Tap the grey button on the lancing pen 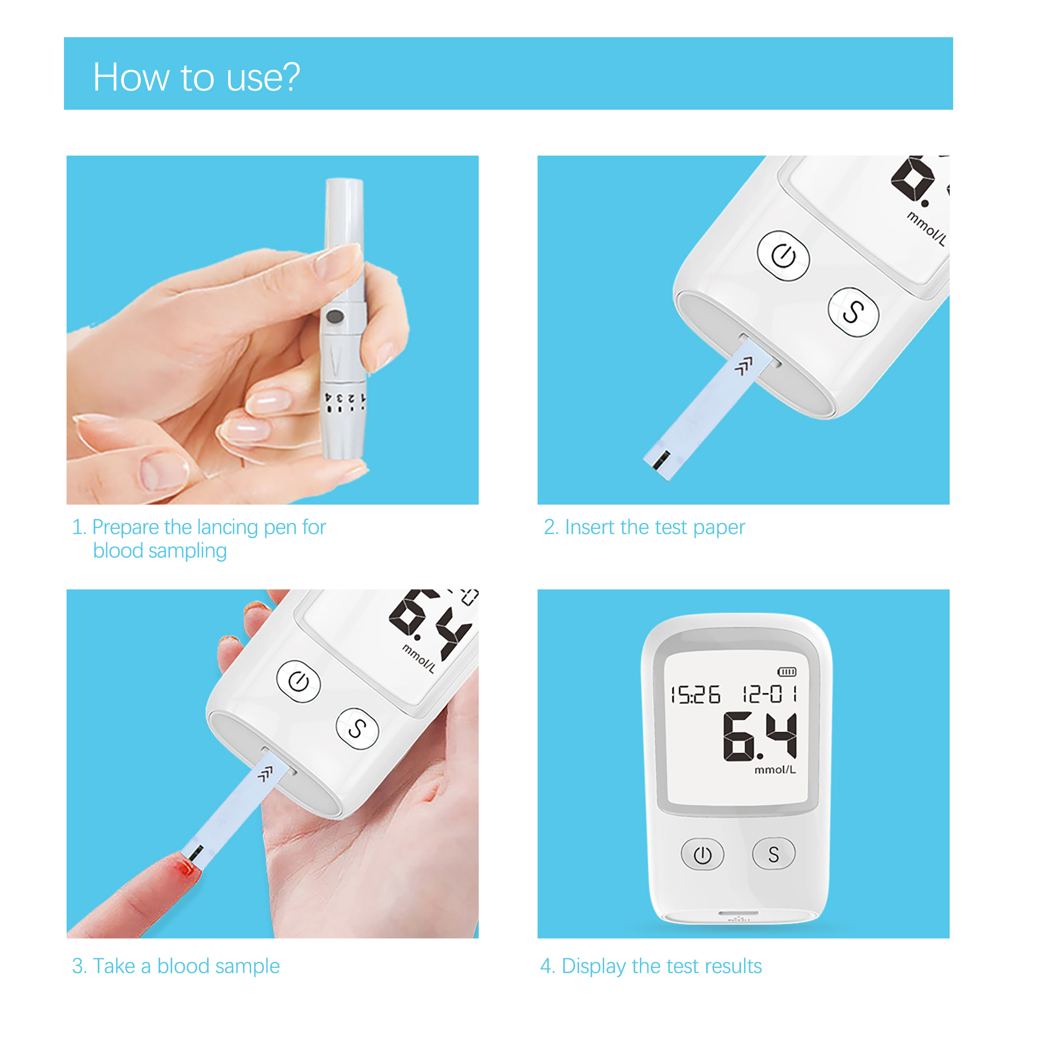(x=335, y=317)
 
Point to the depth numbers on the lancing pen (x=345, y=399)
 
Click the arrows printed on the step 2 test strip (x=743, y=367)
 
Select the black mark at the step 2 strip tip (x=661, y=460)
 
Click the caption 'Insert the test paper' (x=644, y=527)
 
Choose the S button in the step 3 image (x=357, y=728)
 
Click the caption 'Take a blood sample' (x=176, y=966)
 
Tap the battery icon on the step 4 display (x=787, y=672)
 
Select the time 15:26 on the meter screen (x=695, y=694)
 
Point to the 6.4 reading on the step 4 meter (x=760, y=736)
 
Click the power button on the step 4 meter (x=702, y=855)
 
